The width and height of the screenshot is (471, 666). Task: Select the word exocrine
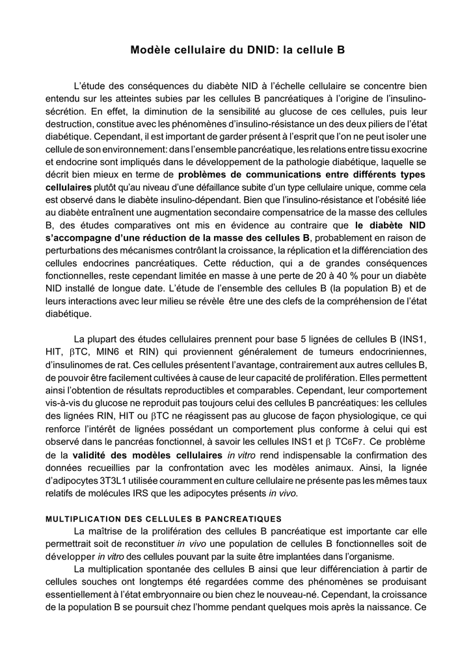coord(407,149)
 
